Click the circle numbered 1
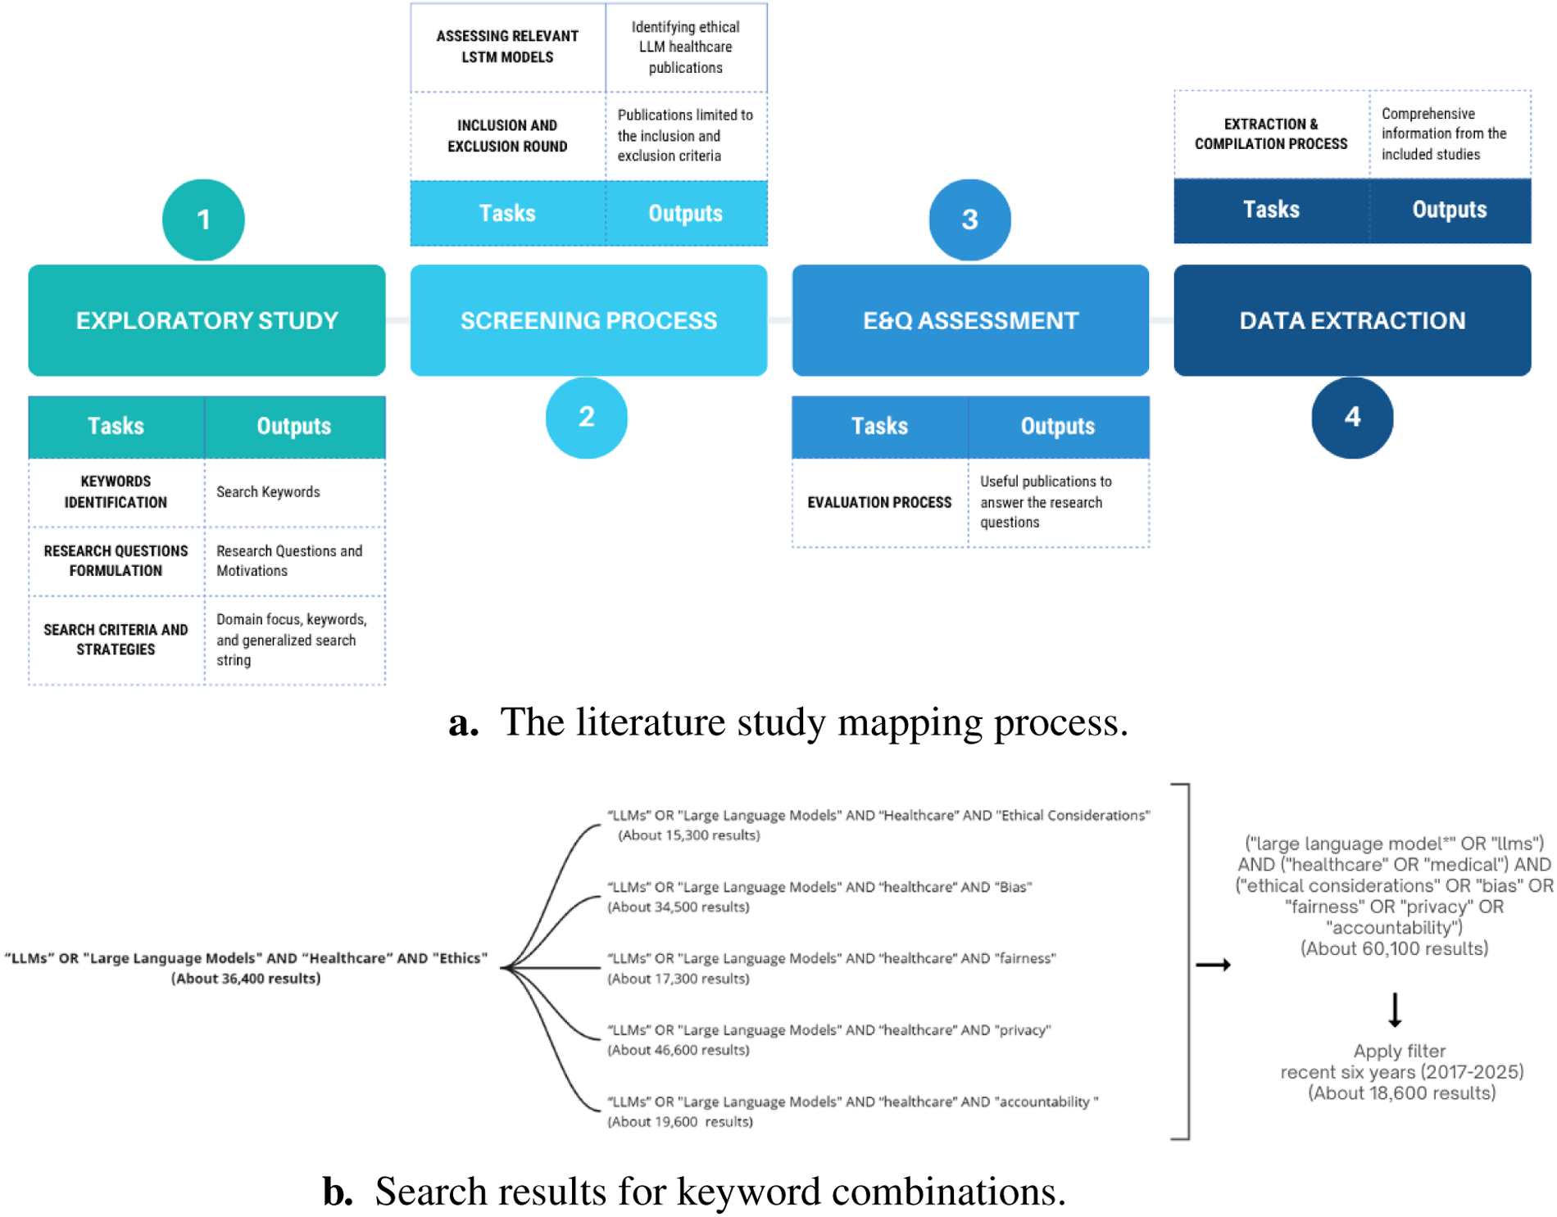click(x=203, y=219)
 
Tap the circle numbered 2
click(x=586, y=417)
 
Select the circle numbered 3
click(x=969, y=219)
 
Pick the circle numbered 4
click(x=1352, y=417)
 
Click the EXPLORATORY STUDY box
click(x=207, y=320)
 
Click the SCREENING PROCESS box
click(x=588, y=320)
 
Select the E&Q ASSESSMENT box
click(x=970, y=320)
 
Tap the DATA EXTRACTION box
click(x=1352, y=320)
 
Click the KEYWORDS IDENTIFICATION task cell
click(x=116, y=492)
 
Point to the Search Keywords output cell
click(x=268, y=492)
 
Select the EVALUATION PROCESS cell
click(x=879, y=502)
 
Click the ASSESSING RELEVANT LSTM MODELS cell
click(x=507, y=47)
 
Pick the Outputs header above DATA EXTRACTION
click(x=1449, y=210)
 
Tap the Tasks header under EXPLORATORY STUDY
click(x=116, y=426)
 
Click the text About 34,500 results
click(x=679, y=907)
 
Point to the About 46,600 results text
click(x=679, y=1051)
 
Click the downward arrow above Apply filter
click(x=1395, y=1010)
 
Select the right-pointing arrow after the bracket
click(x=1213, y=966)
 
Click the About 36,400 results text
click(x=246, y=979)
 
